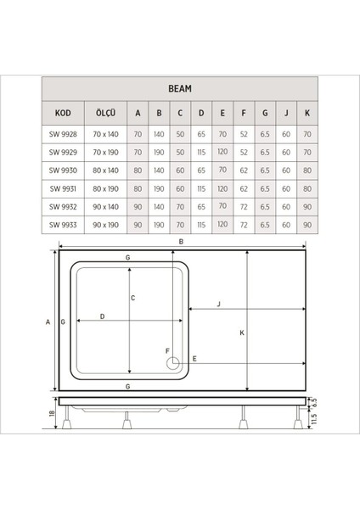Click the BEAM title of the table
[180, 87]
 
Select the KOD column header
[62, 112]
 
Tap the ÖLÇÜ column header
[104, 112]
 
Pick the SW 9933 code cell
[62, 225]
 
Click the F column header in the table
[244, 112]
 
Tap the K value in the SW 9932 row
[307, 206]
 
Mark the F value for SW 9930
[244, 170]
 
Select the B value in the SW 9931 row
[158, 188]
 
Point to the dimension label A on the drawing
[48, 322]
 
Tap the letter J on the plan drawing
[219, 305]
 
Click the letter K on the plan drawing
[242, 333]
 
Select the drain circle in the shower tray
[173, 364]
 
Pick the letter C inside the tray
[134, 298]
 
